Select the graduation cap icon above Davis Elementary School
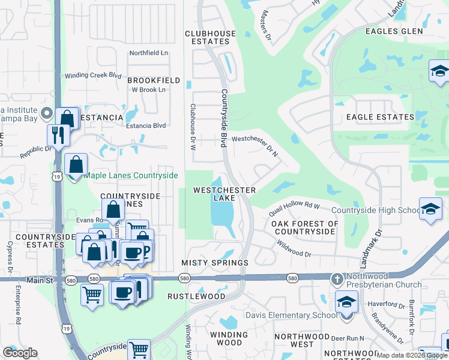(x=346, y=302)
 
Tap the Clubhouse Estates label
(x=207, y=38)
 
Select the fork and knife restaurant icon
(x=58, y=135)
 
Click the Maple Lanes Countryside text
(x=131, y=175)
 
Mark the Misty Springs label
(x=214, y=263)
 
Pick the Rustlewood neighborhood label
(x=196, y=296)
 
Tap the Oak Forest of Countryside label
(x=304, y=227)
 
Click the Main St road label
(x=40, y=280)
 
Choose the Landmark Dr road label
(x=378, y=240)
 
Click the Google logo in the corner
(x=20, y=352)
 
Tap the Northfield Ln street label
(x=149, y=53)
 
